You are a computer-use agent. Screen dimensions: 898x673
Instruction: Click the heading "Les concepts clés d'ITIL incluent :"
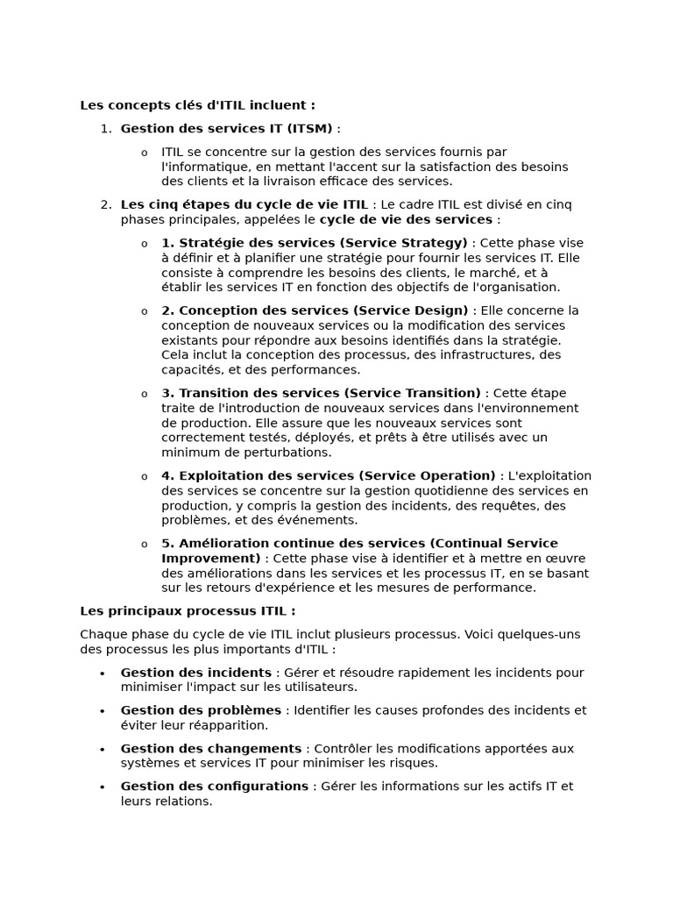pyautogui.click(x=197, y=105)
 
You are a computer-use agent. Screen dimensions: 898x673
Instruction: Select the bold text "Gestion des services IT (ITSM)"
pyautogui.click(x=226, y=129)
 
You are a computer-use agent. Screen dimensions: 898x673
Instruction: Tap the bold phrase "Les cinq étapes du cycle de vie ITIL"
pyautogui.click(x=244, y=205)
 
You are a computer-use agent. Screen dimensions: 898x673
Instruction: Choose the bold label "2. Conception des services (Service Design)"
pyautogui.click(x=315, y=310)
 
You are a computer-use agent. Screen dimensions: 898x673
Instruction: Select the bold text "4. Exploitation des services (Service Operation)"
pyautogui.click(x=328, y=475)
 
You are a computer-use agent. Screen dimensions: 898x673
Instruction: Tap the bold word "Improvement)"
pyautogui.click(x=210, y=558)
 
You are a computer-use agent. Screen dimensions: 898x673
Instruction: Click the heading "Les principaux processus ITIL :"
pyautogui.click(x=188, y=611)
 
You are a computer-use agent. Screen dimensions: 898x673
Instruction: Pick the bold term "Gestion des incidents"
pyautogui.click(x=195, y=673)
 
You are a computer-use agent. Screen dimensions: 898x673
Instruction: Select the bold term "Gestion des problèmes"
pyautogui.click(x=201, y=710)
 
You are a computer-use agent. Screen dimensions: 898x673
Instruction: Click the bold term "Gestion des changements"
pyautogui.click(x=210, y=748)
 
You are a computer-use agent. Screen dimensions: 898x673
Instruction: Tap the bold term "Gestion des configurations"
pyautogui.click(x=214, y=787)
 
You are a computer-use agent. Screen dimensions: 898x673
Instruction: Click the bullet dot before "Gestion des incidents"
pyautogui.click(x=103, y=673)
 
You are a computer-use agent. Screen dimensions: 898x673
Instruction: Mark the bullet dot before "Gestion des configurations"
pyautogui.click(x=103, y=788)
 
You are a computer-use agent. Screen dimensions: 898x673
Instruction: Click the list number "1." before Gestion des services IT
pyautogui.click(x=106, y=129)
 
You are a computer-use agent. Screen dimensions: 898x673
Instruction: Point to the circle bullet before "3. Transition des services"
pyautogui.click(x=145, y=394)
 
